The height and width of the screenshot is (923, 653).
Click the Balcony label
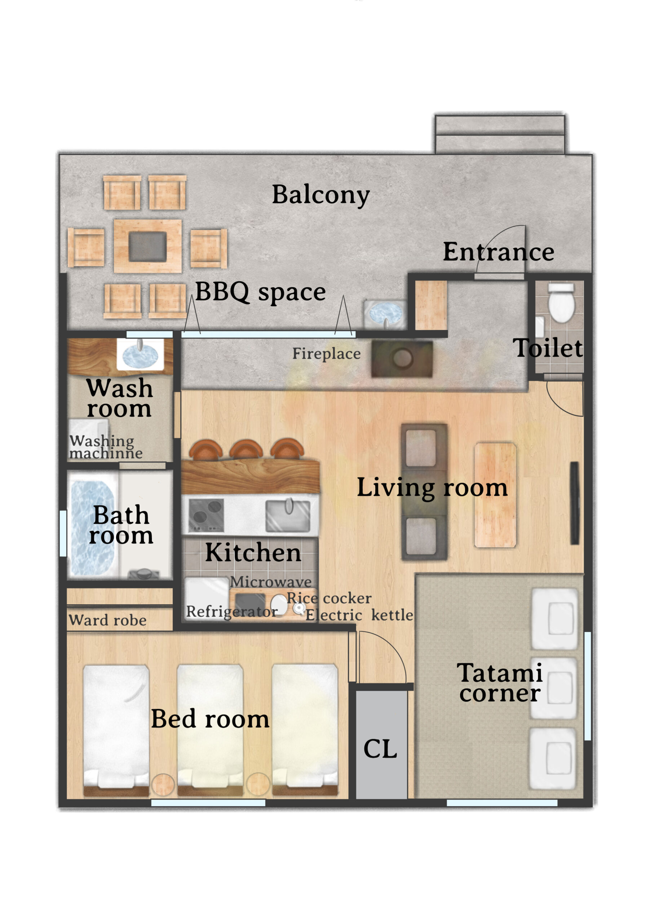321,195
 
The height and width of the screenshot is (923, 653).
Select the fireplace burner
402,359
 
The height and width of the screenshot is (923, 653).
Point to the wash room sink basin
140,354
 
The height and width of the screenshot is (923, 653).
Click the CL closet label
380,749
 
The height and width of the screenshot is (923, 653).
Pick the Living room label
432,487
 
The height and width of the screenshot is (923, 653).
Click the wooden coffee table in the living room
495,495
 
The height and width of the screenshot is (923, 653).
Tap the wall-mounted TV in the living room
575,503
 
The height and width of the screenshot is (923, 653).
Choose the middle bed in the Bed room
210,730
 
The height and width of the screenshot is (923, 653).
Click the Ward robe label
107,620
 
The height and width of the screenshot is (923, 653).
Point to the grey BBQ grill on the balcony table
147,246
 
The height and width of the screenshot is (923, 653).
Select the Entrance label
499,252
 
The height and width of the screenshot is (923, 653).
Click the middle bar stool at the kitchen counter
246,450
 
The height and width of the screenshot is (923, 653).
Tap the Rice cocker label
329,598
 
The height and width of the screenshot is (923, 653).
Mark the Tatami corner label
500,683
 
